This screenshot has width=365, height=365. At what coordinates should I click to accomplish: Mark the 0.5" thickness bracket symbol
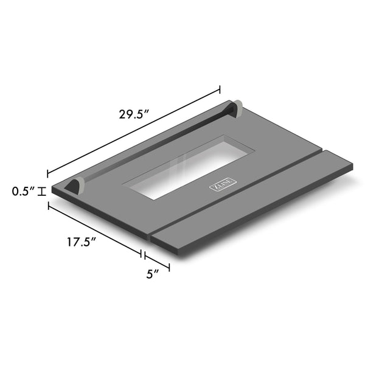click(x=41, y=192)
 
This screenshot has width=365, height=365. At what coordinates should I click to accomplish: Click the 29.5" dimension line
click(x=134, y=132)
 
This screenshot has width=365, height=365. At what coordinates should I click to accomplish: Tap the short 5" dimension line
click(x=157, y=260)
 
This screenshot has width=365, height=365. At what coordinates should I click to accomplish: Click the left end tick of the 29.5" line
click(x=48, y=173)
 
